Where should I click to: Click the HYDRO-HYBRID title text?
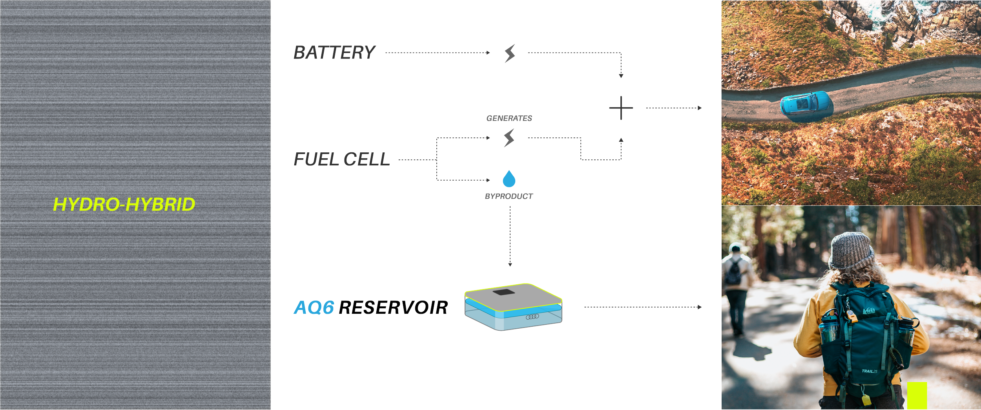124,205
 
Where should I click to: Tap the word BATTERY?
335,53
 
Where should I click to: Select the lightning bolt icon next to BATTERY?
510,53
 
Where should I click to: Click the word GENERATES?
509,118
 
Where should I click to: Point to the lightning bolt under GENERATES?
509,138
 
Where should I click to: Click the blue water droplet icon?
509,179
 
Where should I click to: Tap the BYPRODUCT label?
509,196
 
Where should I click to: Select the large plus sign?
621,108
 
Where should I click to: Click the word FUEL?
316,159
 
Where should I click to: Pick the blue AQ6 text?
314,307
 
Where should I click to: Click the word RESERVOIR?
393,307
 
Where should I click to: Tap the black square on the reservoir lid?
504,292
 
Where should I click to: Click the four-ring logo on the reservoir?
532,317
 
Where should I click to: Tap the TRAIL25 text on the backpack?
870,371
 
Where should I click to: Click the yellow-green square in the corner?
917,395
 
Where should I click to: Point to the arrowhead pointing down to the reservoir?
510,265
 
